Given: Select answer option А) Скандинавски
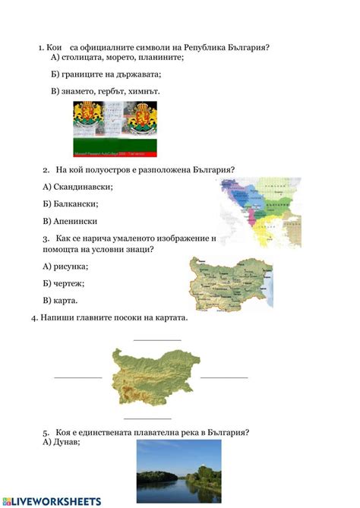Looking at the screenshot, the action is [x=78, y=187].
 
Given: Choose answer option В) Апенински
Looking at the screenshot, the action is [x=70, y=221].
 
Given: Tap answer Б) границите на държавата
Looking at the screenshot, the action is [x=106, y=74].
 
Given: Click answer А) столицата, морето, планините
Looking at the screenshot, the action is [x=118, y=57].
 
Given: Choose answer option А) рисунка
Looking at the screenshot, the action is [x=66, y=266].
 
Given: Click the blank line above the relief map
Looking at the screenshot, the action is [x=157, y=339].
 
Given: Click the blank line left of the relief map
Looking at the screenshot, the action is [x=77, y=377].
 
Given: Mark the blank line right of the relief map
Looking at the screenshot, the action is [x=224, y=377].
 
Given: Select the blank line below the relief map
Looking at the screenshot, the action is [x=147, y=418].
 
